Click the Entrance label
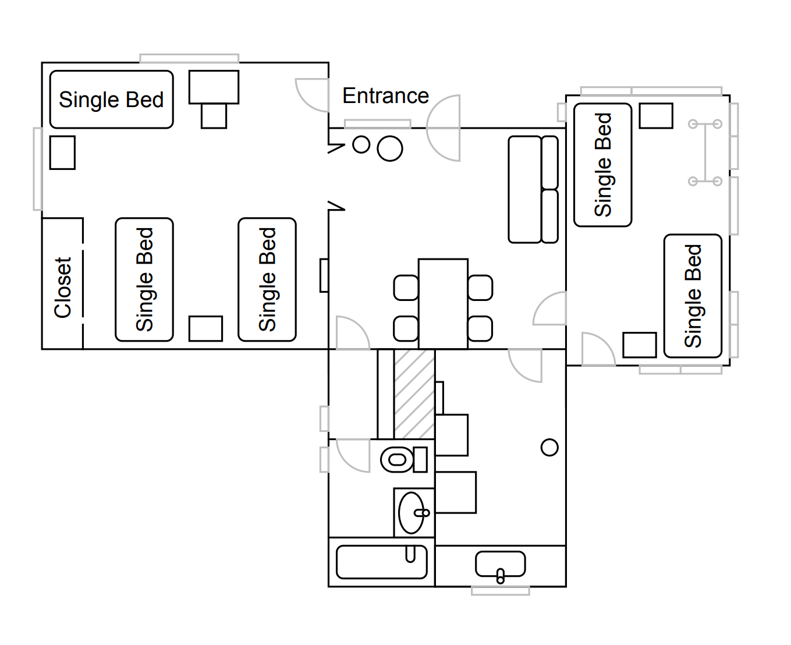pos(385,96)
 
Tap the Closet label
pos(63,288)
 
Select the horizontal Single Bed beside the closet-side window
pos(111,100)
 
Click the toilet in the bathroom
pos(403,460)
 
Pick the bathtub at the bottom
pos(381,562)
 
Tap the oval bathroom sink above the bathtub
pos(412,513)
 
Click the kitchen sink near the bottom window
pos(500,564)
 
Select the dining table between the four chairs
pos(443,303)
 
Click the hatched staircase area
pos(414,394)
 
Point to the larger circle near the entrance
pos(390,148)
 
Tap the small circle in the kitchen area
pos(549,447)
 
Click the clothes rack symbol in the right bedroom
pos(705,153)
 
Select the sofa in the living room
pos(533,189)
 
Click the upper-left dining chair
pos(406,288)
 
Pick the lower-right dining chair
pos(480,328)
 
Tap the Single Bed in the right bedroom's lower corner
pos(693,296)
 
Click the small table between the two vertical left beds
pos(205,328)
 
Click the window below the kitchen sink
pos(500,591)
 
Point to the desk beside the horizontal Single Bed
pos(214,87)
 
